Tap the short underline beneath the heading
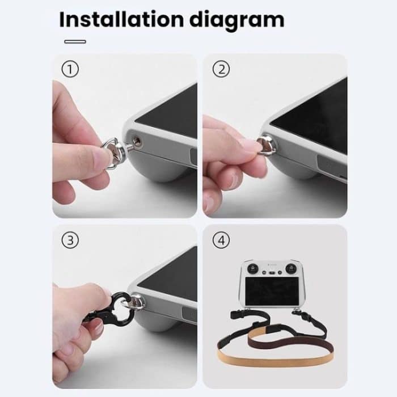tap(75, 41)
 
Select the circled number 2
tap(221, 70)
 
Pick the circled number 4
tap(221, 240)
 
